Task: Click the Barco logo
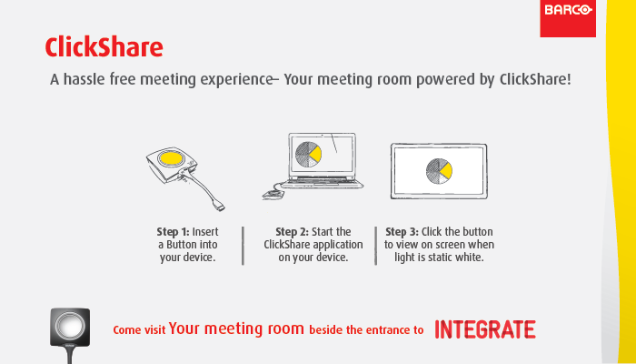click(x=568, y=18)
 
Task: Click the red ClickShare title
click(x=104, y=47)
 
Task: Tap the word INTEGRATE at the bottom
click(x=485, y=329)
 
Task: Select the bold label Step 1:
click(x=174, y=232)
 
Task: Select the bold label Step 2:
click(x=292, y=232)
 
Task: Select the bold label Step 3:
click(x=402, y=232)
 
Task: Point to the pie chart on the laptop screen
click(x=308, y=155)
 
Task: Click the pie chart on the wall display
click(x=439, y=171)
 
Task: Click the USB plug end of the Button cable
click(x=220, y=207)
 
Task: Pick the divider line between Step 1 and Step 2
click(x=243, y=246)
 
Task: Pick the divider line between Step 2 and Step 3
click(x=375, y=246)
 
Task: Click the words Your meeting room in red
click(x=236, y=329)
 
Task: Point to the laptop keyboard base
click(x=323, y=184)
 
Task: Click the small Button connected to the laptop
click(x=273, y=195)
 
